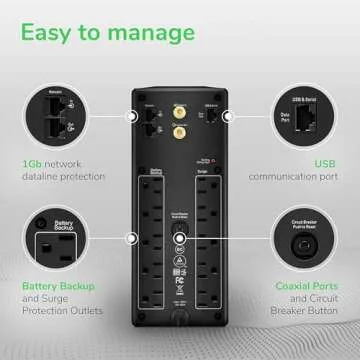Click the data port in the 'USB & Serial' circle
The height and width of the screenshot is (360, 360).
pos(303,116)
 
